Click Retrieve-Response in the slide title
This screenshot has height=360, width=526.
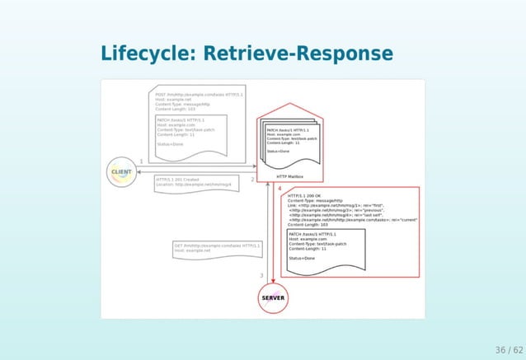click(x=298, y=54)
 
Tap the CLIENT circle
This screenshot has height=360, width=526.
click(x=121, y=172)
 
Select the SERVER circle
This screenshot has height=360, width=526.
click(x=273, y=297)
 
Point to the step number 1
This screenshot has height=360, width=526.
click(x=142, y=161)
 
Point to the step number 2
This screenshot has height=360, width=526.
click(x=252, y=179)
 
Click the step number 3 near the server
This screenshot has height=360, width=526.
click(x=261, y=275)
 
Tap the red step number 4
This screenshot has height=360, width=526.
click(x=279, y=188)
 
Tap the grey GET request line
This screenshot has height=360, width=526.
click(x=217, y=245)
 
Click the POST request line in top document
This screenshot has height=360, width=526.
click(x=199, y=95)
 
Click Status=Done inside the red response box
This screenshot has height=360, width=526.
click(x=302, y=259)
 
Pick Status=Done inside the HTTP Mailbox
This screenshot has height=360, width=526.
click(x=278, y=151)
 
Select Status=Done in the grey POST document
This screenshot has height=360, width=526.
click(x=171, y=144)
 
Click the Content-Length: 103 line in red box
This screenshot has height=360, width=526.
click(x=308, y=224)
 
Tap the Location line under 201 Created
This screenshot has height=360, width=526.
click(x=194, y=185)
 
